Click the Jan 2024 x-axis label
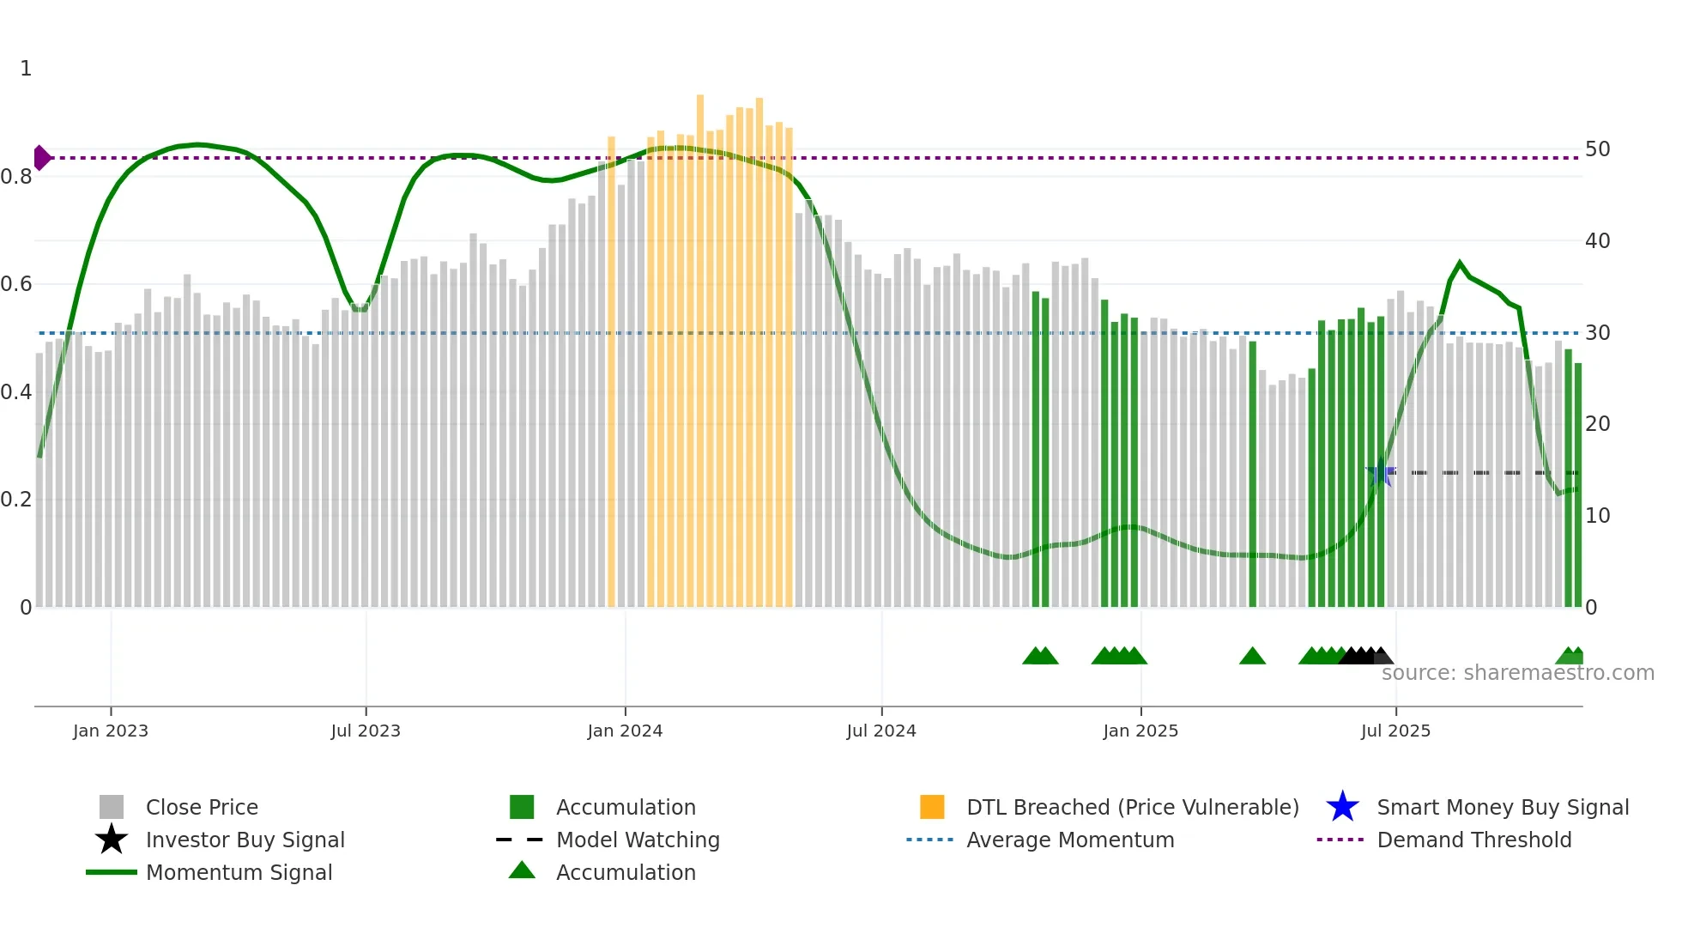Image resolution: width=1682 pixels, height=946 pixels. (625, 731)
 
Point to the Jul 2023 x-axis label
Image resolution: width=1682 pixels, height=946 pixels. (366, 731)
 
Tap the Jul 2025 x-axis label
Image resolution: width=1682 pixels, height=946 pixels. (1395, 731)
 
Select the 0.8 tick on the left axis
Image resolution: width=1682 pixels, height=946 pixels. (17, 177)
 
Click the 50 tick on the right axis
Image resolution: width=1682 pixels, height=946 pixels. (1597, 149)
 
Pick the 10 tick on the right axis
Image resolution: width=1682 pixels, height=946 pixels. (1597, 516)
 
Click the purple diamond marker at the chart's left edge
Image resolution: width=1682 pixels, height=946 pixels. (41, 158)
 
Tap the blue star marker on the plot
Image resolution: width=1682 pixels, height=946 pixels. (1380, 473)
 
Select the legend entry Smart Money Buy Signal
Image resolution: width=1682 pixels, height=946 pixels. (1502, 808)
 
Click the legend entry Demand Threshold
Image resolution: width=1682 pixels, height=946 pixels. (1473, 840)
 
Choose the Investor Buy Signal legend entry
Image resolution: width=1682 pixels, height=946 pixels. (245, 840)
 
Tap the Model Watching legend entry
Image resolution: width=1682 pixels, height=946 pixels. (637, 840)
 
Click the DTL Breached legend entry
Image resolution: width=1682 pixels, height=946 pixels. (1132, 808)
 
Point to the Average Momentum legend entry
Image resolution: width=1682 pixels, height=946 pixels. (1069, 840)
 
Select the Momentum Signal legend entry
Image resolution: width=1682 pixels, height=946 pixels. (239, 873)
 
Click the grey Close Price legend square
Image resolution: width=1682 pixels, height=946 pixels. (112, 808)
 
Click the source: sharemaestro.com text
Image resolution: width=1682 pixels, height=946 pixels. (1517, 673)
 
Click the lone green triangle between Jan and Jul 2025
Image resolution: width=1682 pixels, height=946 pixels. (1252, 657)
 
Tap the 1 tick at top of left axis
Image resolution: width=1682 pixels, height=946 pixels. (26, 69)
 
